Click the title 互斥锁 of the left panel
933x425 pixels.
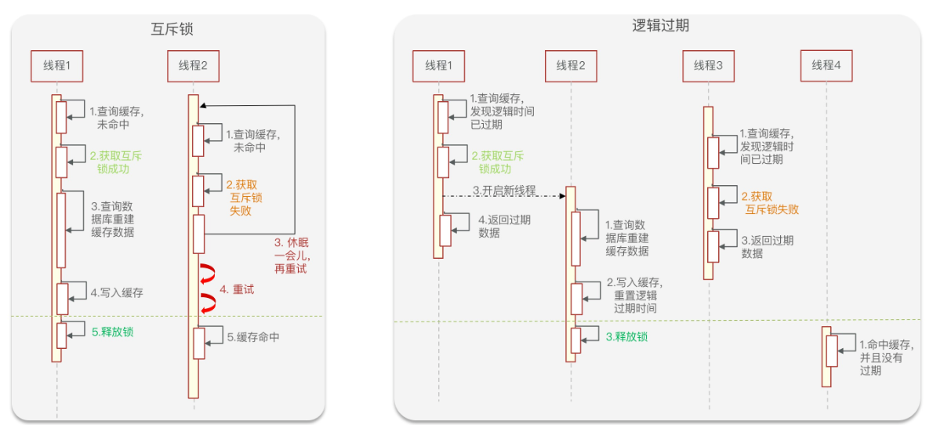172,30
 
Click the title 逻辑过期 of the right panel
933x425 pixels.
660,25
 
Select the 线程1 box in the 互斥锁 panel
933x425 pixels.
56,66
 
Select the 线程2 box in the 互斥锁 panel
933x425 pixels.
193,66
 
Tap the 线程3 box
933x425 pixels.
708,65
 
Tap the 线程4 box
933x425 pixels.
826,65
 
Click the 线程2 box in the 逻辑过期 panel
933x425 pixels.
571,65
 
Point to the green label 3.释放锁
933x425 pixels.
626,336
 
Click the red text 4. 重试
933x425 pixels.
237,289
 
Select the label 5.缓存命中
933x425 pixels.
253,337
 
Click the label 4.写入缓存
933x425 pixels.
116,292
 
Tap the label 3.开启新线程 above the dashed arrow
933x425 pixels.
503,191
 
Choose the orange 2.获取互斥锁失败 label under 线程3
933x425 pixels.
769,203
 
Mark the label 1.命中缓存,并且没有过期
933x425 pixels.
886,357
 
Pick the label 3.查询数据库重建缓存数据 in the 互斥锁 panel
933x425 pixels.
111,219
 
